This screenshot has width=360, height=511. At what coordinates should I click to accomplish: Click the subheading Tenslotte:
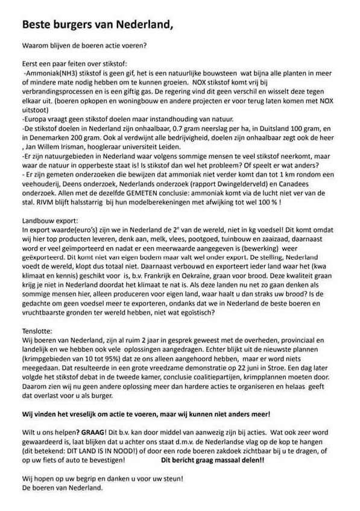[x=37, y=331]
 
